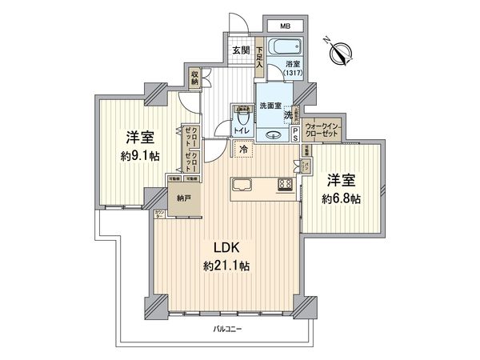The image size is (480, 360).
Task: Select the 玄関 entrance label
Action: click(240, 50)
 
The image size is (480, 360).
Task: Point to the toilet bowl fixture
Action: click(240, 117)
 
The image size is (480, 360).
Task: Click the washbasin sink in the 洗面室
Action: click(274, 135)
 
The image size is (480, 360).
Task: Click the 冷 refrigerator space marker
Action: click(242, 149)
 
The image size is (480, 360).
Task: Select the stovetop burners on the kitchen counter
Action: click(283, 186)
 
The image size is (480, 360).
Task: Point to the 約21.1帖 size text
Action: click(228, 265)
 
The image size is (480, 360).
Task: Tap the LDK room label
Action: click(226, 246)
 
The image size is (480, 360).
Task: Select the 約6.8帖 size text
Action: click(342, 198)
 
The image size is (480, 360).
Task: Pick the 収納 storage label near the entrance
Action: click(194, 78)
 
